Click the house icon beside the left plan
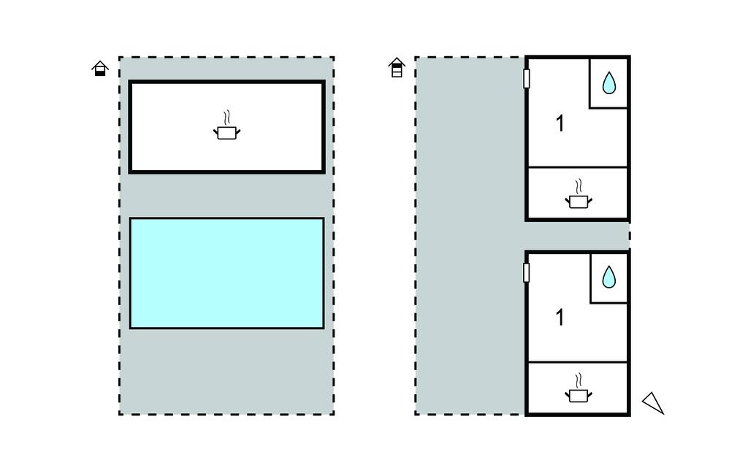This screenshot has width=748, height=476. pyautogui.click(x=100, y=69)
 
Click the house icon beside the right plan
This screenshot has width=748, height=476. pyautogui.click(x=397, y=68)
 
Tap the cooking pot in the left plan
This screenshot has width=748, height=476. pyautogui.click(x=226, y=133)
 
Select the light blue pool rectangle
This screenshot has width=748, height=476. pyautogui.click(x=226, y=273)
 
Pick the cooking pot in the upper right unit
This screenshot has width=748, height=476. pyautogui.click(x=579, y=201)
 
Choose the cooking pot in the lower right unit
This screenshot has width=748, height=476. pyautogui.click(x=579, y=395)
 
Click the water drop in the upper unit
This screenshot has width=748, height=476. pyautogui.click(x=608, y=84)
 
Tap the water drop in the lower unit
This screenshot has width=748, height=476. pyautogui.click(x=608, y=277)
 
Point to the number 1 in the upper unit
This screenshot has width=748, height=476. pyautogui.click(x=560, y=124)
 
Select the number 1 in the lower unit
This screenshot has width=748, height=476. pyautogui.click(x=560, y=318)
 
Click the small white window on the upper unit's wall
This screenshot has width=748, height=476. pyautogui.click(x=526, y=79)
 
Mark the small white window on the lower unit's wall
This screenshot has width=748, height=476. pyautogui.click(x=526, y=272)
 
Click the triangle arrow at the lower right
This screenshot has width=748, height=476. pyautogui.click(x=653, y=402)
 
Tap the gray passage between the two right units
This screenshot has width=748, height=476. pyautogui.click(x=577, y=235)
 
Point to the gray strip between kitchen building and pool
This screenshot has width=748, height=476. pyautogui.click(x=226, y=195)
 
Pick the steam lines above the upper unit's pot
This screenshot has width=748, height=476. pyautogui.click(x=579, y=185)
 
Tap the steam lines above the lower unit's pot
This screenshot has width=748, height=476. pyautogui.click(x=579, y=380)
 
